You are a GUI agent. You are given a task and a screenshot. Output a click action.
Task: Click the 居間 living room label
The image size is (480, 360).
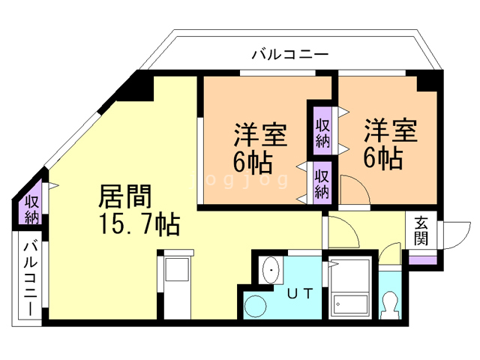pyautogui.click(x=125, y=196)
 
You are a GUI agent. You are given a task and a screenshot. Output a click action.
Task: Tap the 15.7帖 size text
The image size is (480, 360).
pyautogui.click(x=139, y=224)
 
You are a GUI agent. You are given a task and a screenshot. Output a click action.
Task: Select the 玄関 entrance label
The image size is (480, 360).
pyautogui.click(x=421, y=232)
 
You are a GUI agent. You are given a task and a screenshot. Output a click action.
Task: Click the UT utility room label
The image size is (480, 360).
pyautogui.click(x=300, y=293)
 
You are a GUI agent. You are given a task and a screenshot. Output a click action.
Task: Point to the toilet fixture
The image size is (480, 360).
pyautogui.click(x=390, y=305)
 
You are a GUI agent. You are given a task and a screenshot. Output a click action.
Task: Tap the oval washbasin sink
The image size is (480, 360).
pyautogui.click(x=271, y=270)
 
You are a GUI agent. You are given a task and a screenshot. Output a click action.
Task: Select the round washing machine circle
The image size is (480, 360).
pyautogui.click(x=256, y=306)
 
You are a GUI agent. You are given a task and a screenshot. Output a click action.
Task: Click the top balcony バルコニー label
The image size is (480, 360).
pyautogui.click(x=290, y=55)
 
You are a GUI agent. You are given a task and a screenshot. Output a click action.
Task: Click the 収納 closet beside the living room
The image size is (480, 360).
pyautogui.click(x=31, y=210)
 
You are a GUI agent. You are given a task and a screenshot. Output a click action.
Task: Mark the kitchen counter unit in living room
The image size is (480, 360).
pyautogui.click(x=177, y=284)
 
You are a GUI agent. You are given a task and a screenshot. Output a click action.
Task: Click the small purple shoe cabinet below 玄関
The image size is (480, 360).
pyautogui.click(x=423, y=260)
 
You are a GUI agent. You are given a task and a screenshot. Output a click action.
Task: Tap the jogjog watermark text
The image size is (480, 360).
pyautogui.click(x=239, y=181)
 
